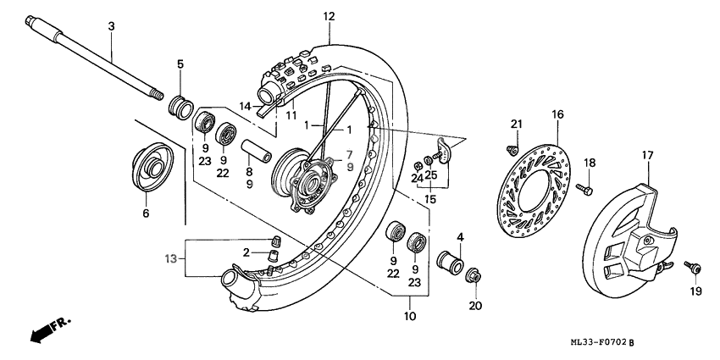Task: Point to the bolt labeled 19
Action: click(693, 268)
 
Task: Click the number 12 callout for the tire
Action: click(329, 16)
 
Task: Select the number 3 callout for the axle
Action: click(111, 28)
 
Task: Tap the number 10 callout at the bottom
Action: click(409, 317)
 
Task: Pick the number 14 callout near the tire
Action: click(244, 106)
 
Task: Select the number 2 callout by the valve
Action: click(246, 252)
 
